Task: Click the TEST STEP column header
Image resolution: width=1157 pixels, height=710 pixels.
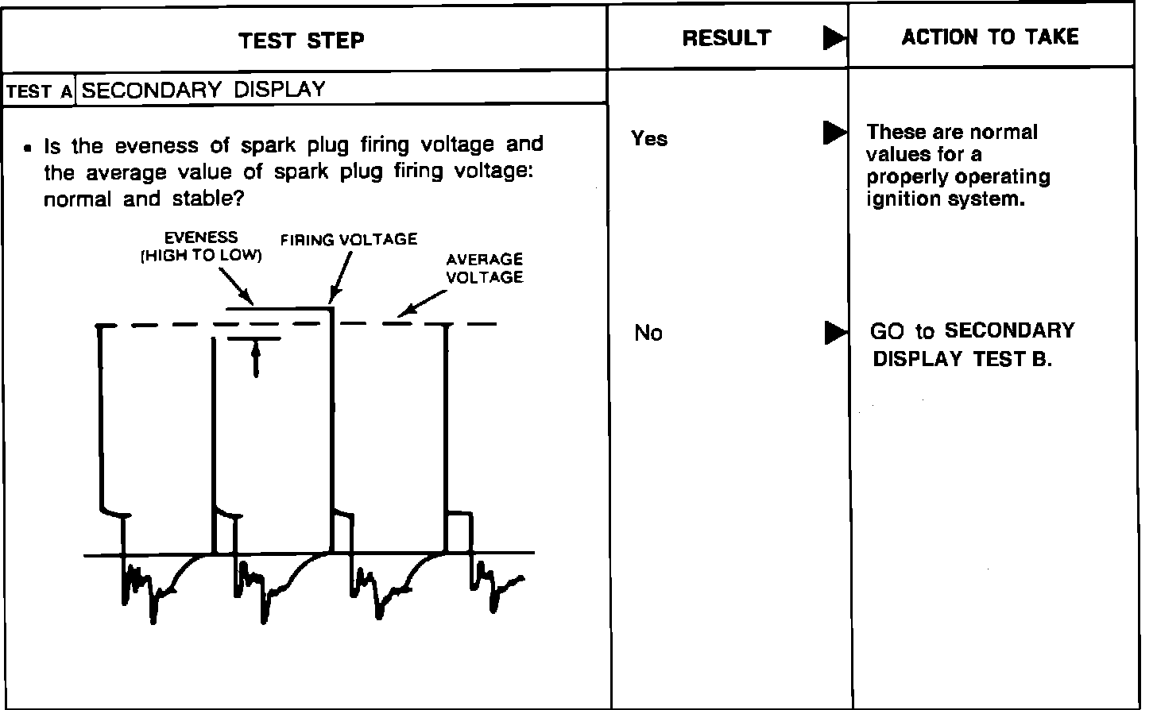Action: (302, 41)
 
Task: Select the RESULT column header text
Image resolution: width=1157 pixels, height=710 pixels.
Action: (726, 38)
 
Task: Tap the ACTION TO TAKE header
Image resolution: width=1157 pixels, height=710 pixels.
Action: (990, 37)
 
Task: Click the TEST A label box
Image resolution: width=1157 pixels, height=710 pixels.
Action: (39, 91)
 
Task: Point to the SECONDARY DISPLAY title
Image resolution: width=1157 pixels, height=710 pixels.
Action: (203, 89)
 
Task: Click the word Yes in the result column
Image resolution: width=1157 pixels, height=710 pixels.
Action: (649, 139)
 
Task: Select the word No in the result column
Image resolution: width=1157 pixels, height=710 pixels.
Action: (648, 334)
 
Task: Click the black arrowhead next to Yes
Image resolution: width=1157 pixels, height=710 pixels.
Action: (834, 133)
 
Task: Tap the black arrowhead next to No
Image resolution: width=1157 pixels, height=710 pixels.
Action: (834, 332)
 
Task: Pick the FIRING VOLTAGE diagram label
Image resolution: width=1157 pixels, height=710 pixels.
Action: (349, 240)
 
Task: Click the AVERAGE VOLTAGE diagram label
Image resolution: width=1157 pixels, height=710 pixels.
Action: (484, 268)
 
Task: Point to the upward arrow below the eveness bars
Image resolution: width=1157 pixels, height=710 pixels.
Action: (255, 358)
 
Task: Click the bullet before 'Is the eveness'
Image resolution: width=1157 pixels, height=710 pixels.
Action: (29, 149)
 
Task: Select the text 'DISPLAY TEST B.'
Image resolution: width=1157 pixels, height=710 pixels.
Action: (962, 359)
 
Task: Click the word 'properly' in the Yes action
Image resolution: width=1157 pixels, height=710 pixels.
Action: (904, 177)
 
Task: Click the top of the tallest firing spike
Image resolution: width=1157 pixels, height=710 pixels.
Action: (331, 309)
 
